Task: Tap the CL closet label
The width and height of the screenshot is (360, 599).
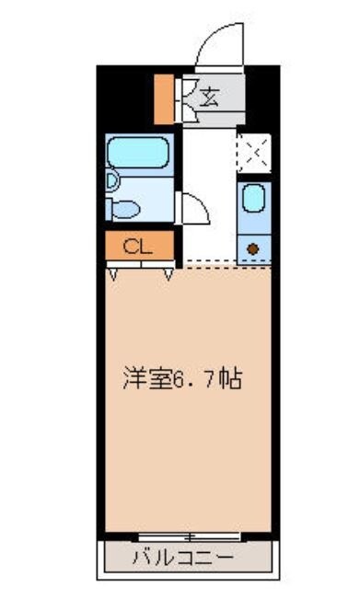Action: tap(138, 246)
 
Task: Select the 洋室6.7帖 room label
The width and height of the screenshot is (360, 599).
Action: tap(183, 378)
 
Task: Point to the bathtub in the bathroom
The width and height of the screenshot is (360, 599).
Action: tap(137, 150)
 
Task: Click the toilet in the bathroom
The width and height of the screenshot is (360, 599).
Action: tap(122, 208)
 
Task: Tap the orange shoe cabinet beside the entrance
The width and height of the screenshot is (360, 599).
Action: tap(163, 97)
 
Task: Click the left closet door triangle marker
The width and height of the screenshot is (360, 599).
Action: tap(112, 273)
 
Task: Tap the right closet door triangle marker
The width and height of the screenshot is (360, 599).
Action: tap(169, 273)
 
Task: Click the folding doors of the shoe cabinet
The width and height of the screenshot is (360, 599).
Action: tap(184, 97)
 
